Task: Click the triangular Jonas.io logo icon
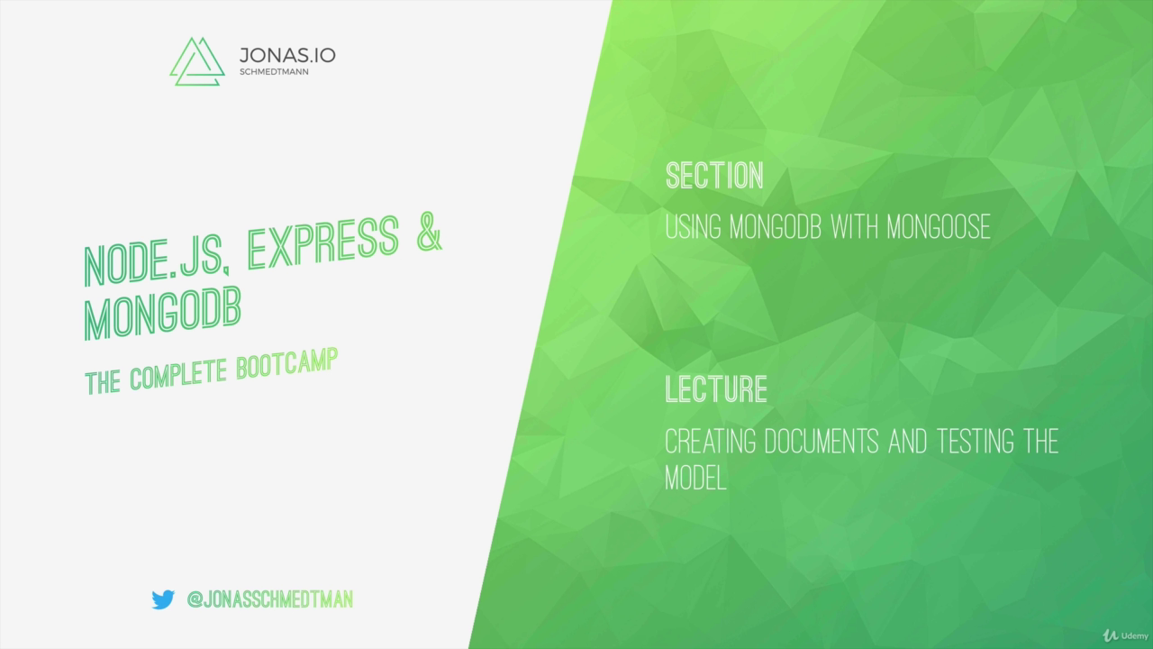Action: click(196, 61)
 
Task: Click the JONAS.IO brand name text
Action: click(287, 55)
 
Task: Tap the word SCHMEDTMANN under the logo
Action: click(274, 72)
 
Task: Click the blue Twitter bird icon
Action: click(163, 599)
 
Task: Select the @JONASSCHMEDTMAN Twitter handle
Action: click(269, 599)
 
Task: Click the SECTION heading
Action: click(714, 176)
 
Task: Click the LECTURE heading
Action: click(716, 389)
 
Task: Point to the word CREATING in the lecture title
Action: click(711, 442)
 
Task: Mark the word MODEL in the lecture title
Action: click(695, 479)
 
